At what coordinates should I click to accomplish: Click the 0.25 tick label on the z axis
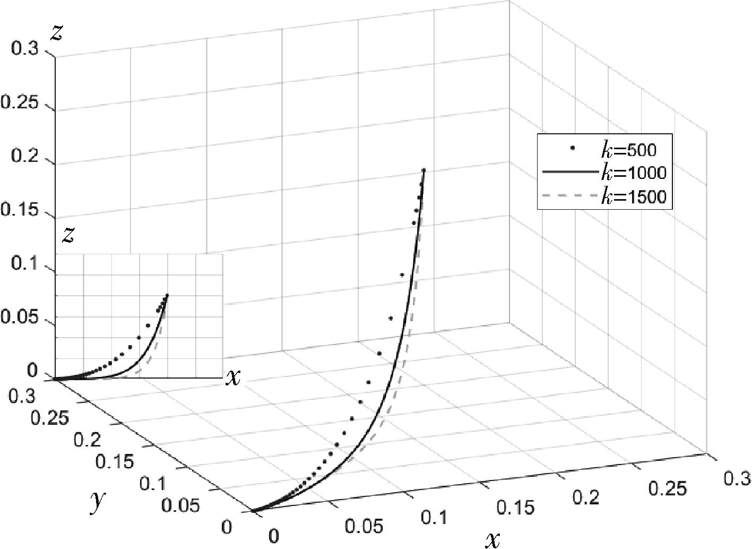(x=19, y=103)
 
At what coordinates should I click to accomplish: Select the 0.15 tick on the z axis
(x=19, y=211)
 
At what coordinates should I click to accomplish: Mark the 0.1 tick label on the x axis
(x=435, y=517)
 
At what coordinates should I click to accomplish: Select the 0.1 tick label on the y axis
(x=153, y=484)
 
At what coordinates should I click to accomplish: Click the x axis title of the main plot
(x=492, y=539)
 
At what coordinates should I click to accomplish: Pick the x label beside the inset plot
(x=232, y=377)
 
